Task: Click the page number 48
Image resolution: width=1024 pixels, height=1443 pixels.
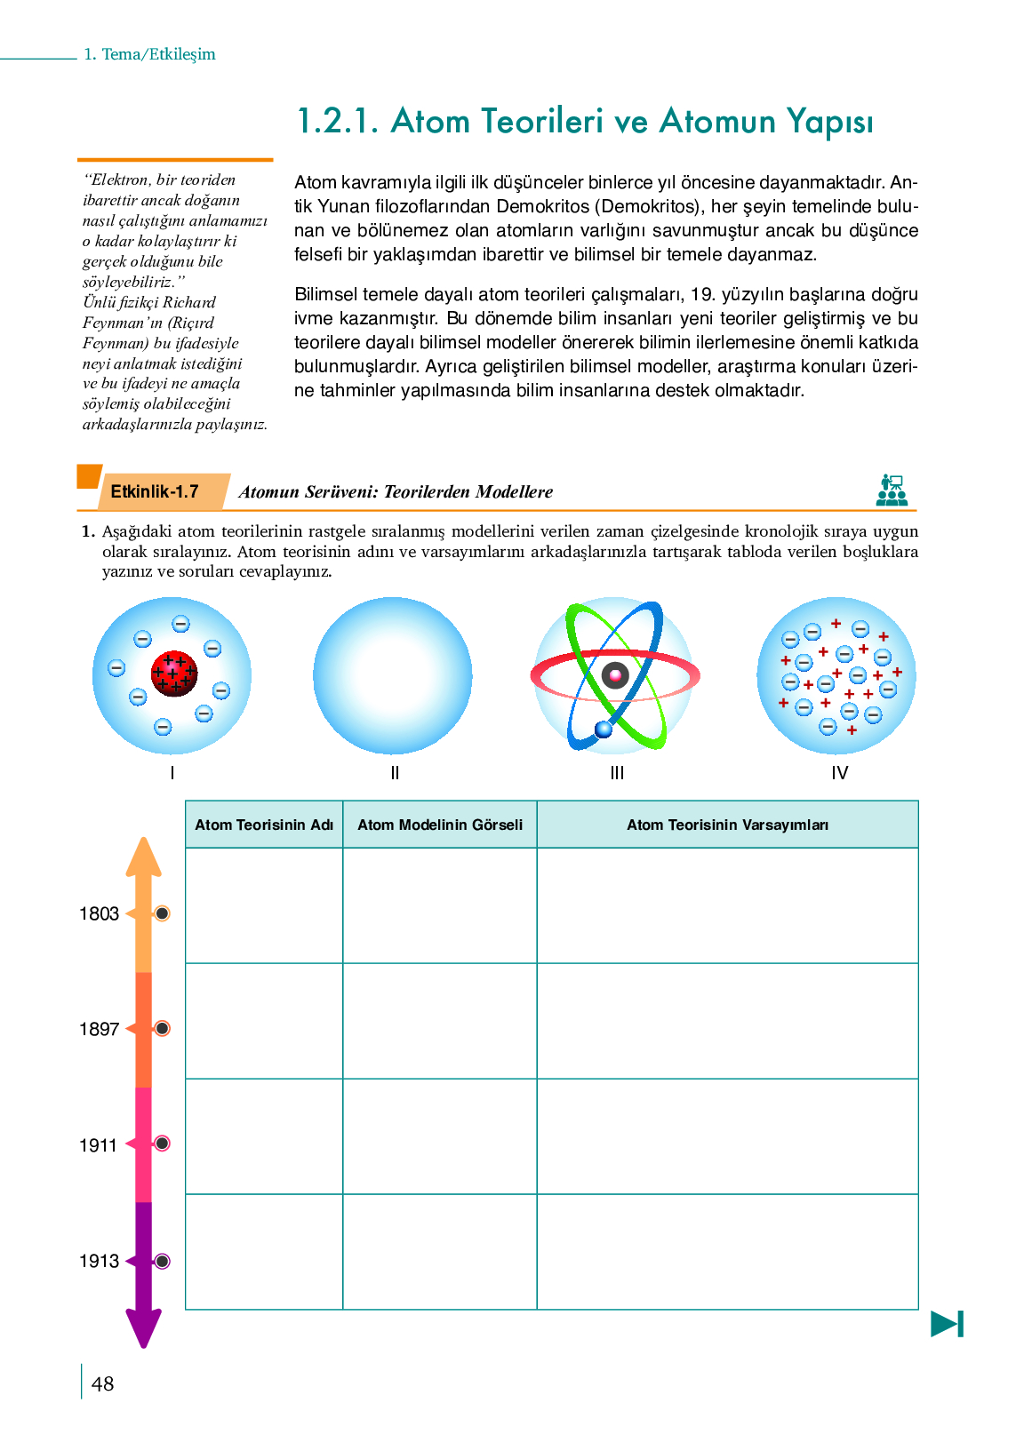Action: coord(103,1383)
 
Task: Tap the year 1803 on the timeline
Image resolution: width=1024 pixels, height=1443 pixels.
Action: coord(99,913)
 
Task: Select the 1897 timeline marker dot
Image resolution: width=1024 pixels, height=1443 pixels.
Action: coord(162,1028)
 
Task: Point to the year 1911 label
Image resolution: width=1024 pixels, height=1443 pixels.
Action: coord(99,1145)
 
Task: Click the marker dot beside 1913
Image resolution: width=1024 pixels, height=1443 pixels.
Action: coord(162,1261)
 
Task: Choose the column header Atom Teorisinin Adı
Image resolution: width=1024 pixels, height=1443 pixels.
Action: coord(264,825)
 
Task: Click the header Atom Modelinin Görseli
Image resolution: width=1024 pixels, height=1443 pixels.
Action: coord(440,825)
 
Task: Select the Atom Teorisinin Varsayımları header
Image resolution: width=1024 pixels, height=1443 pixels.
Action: coord(727,825)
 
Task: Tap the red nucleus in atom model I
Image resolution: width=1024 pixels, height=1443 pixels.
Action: coord(174,674)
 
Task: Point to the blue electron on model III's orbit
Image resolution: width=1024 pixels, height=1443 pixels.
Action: coord(604,729)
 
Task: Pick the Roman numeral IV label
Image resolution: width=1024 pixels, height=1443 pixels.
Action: coord(839,773)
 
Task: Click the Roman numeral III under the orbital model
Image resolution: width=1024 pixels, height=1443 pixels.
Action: coord(617,773)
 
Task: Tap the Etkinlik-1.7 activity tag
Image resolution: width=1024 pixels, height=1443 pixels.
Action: coord(155,491)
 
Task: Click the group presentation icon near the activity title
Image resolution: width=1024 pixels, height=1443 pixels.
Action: coord(892,490)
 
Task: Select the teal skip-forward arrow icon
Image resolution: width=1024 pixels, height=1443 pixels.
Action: coord(948,1324)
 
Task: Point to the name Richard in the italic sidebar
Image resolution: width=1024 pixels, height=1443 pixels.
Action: coord(189,302)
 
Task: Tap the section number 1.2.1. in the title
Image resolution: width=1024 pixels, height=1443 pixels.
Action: coord(338,121)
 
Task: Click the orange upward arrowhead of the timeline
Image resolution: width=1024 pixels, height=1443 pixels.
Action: coord(143,857)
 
